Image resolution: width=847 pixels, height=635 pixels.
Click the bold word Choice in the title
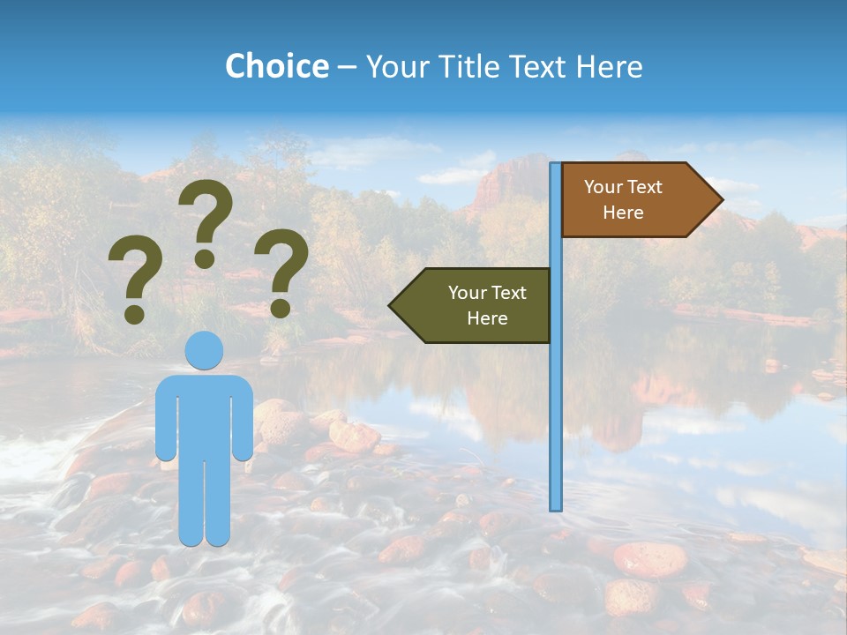point(276,66)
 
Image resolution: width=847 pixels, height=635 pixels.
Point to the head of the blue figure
point(204,350)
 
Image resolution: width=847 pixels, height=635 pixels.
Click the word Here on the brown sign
point(623,213)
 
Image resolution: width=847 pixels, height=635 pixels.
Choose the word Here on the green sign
point(487,318)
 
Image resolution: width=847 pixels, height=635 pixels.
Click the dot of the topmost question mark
point(205,258)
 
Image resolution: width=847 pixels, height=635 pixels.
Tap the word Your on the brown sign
point(603,187)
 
